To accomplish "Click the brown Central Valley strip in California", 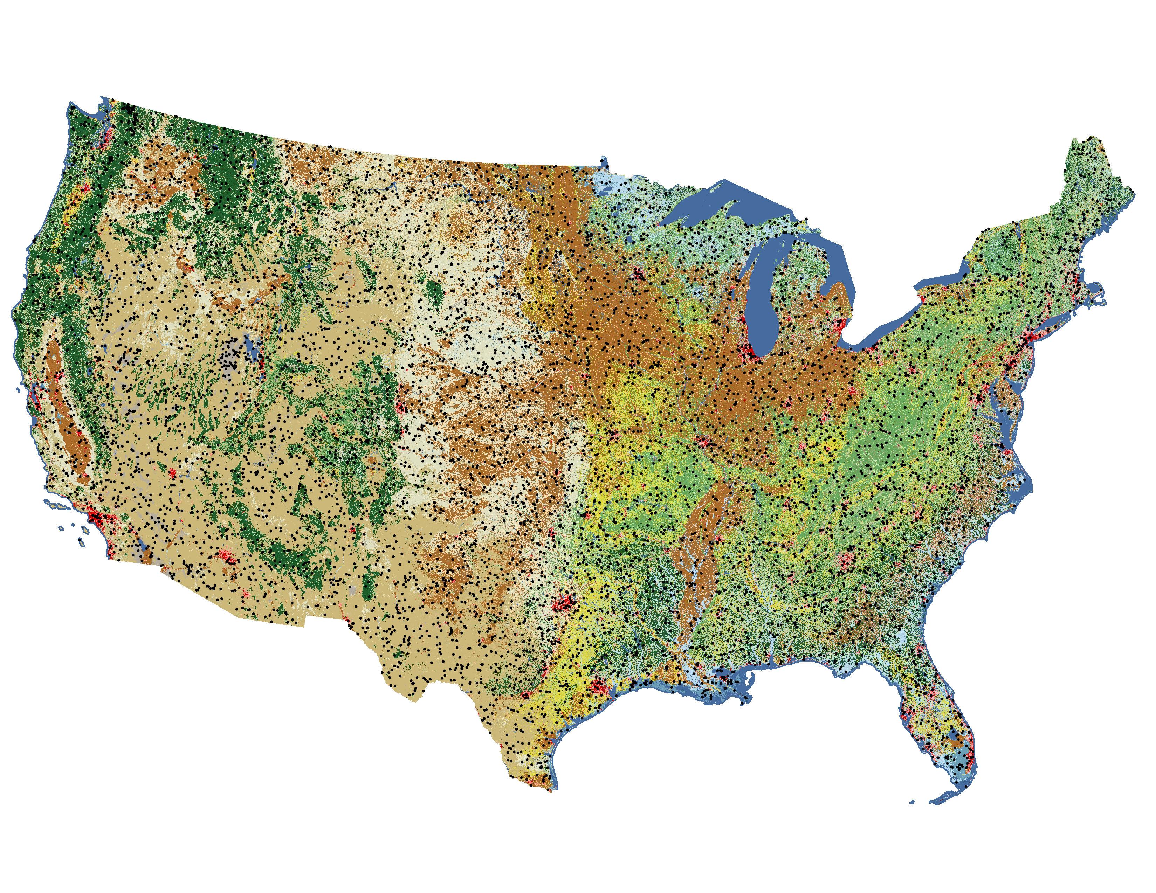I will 66,413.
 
